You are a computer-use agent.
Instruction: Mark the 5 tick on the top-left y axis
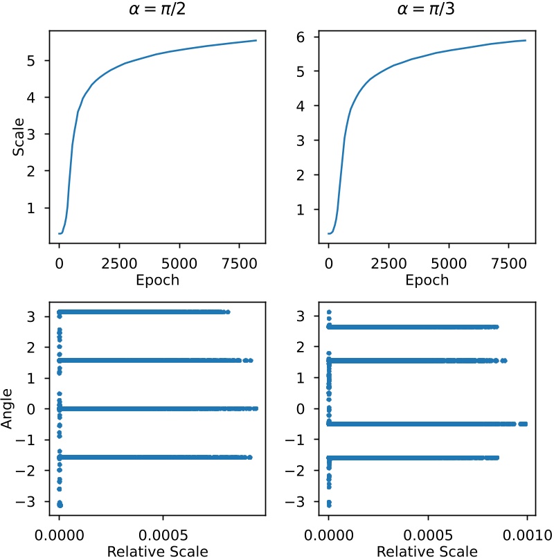(39, 60)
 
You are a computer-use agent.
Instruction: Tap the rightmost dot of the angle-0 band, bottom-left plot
(256, 408)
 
